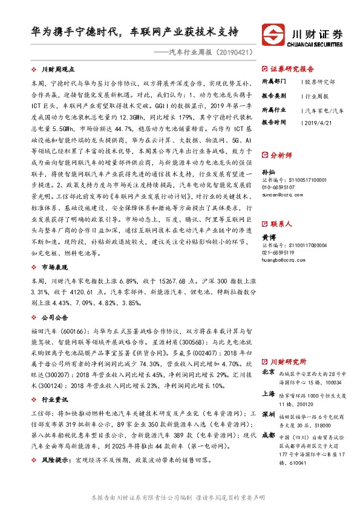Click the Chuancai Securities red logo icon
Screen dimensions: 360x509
pyautogui.click(x=275, y=33)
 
